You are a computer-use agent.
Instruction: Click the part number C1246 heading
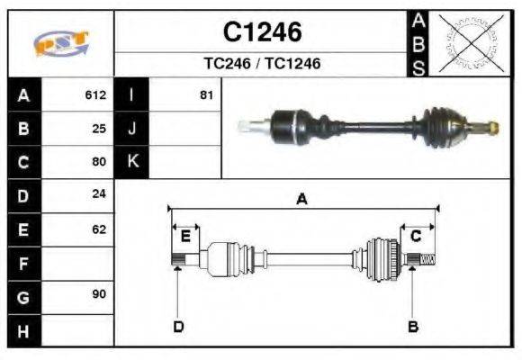coord(262,32)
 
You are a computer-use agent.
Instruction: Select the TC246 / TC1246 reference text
coord(262,64)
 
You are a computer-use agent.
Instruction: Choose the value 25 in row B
coord(99,129)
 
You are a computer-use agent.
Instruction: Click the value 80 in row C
coord(99,162)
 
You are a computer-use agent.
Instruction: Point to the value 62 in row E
coord(99,229)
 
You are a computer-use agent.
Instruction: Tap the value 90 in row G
coord(99,295)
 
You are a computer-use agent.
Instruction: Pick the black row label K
coord(132,162)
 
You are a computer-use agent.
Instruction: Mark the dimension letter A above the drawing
coord(302,200)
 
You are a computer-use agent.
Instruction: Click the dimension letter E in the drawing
coord(185,237)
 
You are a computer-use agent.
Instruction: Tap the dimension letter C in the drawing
coord(416,237)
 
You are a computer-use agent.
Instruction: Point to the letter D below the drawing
coord(178,326)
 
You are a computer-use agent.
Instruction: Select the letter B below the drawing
coord(412,326)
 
